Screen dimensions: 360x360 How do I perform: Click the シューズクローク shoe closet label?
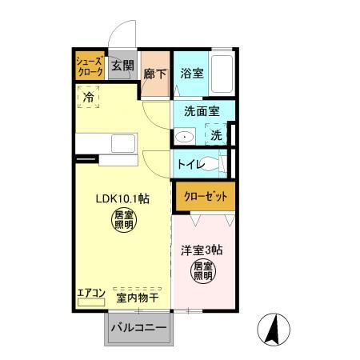tap(90, 66)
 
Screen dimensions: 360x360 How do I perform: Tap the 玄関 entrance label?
tap(122, 66)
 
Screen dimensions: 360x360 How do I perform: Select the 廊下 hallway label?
tap(154, 74)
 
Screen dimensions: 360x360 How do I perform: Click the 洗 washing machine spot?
tap(216, 135)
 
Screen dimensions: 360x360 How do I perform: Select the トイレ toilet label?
tap(190, 165)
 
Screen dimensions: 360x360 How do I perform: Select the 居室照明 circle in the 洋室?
tap(203, 272)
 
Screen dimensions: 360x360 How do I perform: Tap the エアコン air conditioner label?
tap(90, 293)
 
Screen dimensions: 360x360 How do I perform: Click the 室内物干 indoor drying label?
tap(138, 298)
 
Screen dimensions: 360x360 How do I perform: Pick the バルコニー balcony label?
tap(138, 329)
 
